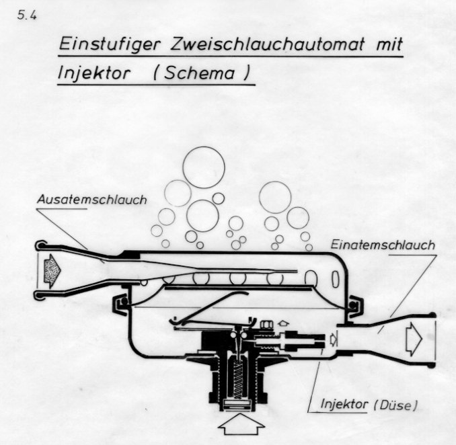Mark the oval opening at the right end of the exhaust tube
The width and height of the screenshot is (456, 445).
click(311, 278)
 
